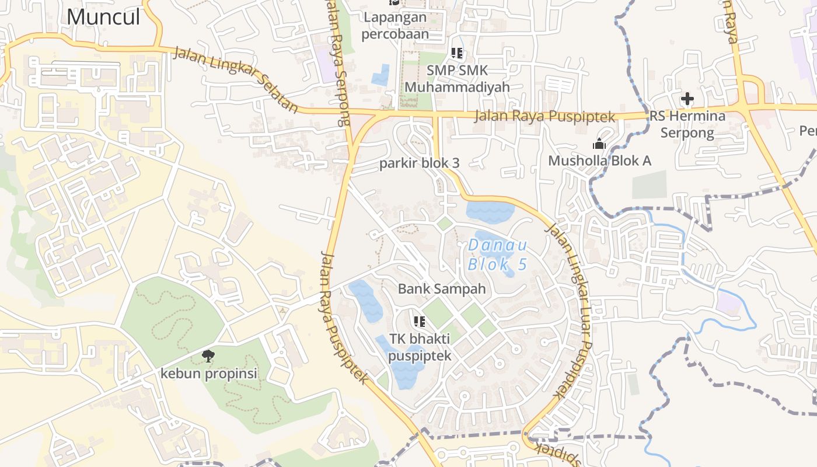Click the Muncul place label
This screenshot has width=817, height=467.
pyautogui.click(x=103, y=16)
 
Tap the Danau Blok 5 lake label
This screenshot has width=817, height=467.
pyautogui.click(x=497, y=255)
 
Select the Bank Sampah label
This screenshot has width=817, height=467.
pyautogui.click(x=442, y=288)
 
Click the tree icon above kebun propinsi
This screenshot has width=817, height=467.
pyautogui.click(x=208, y=356)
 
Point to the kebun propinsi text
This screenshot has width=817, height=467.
pyautogui.click(x=208, y=373)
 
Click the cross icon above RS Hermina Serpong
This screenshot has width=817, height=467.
pyautogui.click(x=687, y=99)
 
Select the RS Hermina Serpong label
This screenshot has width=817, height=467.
pyautogui.click(x=687, y=124)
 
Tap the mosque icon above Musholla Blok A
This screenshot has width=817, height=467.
pyautogui.click(x=599, y=144)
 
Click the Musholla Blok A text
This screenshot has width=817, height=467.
pyautogui.click(x=599, y=161)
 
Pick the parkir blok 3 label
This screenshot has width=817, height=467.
pyautogui.click(x=420, y=163)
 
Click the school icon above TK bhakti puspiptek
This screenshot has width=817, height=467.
pyautogui.click(x=419, y=322)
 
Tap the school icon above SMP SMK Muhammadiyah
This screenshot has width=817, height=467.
pyautogui.click(x=457, y=54)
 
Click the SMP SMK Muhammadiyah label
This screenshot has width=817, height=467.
pyautogui.click(x=457, y=78)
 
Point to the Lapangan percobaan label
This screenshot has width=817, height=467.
pyautogui.click(x=395, y=25)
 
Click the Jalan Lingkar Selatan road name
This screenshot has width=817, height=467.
pyautogui.click(x=236, y=80)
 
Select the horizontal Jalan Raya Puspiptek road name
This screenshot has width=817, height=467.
pyautogui.click(x=544, y=116)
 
